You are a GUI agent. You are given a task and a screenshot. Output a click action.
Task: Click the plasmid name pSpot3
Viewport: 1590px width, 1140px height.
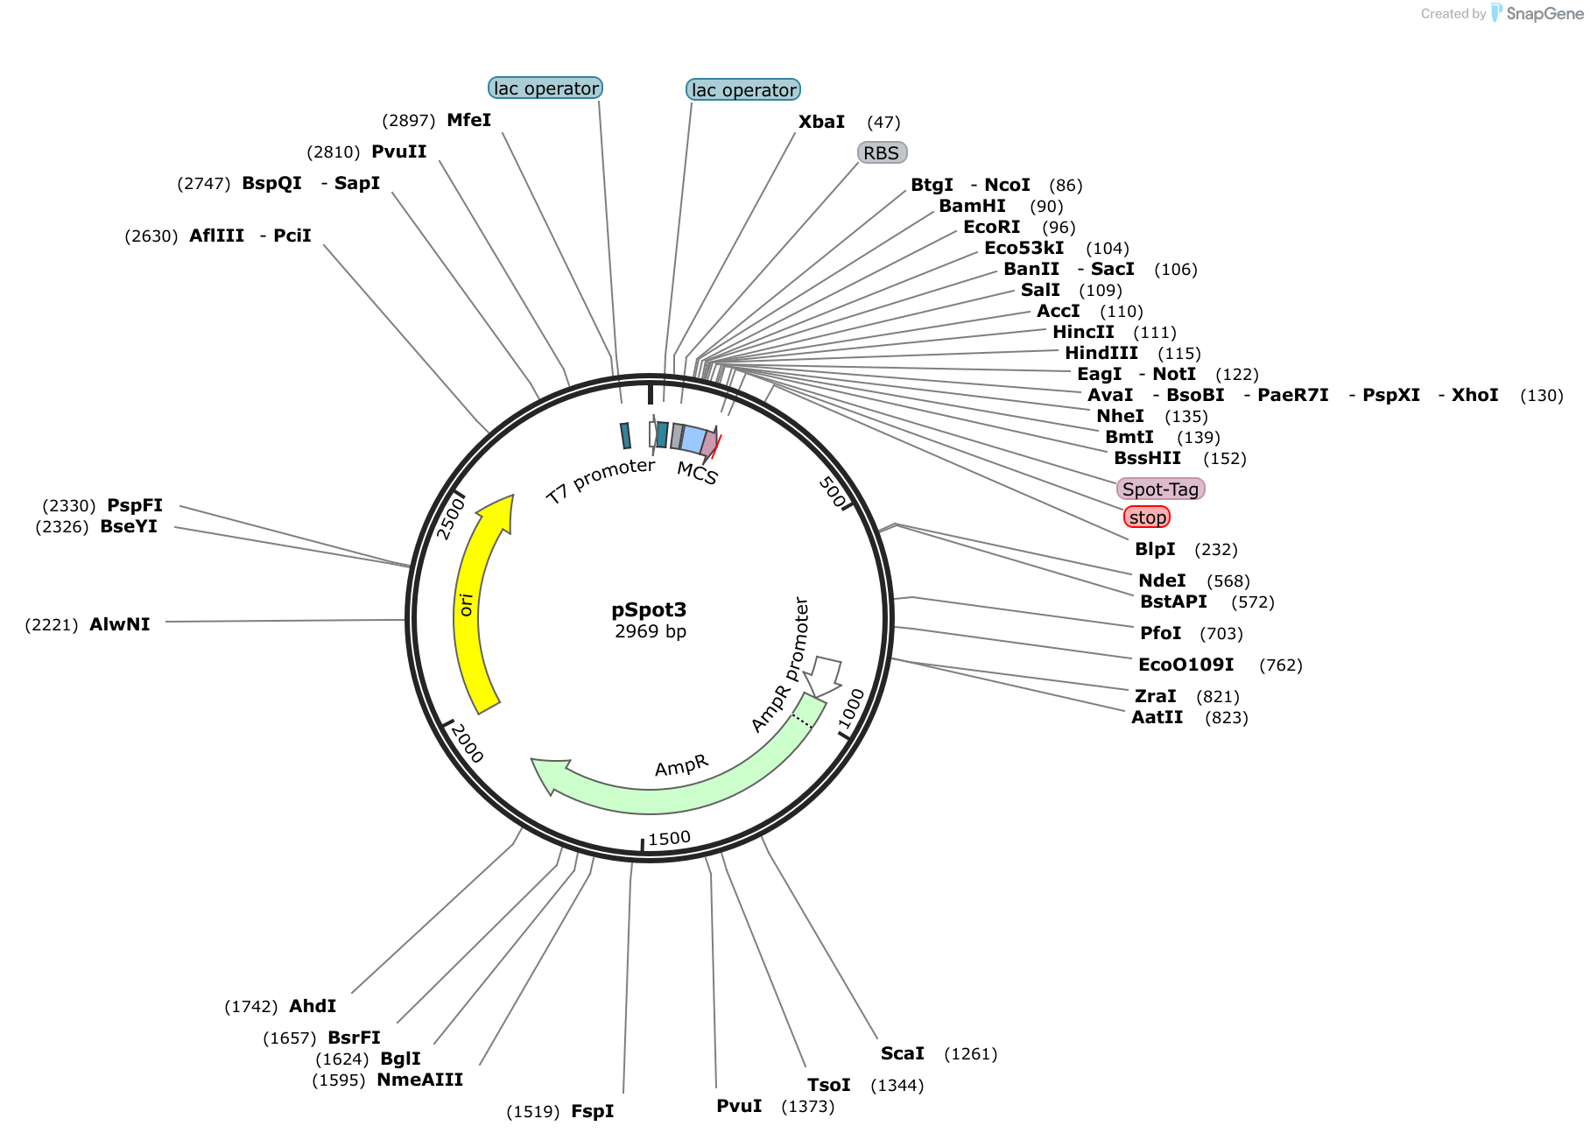tap(649, 609)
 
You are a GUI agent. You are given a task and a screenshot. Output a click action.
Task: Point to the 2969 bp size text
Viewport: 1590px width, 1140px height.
tap(651, 631)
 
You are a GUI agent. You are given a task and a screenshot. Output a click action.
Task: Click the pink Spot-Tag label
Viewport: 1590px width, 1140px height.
tap(1160, 489)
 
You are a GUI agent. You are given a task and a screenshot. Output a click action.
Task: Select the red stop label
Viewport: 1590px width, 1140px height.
tap(1147, 517)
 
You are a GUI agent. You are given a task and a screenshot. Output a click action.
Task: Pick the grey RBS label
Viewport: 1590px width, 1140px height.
tap(882, 153)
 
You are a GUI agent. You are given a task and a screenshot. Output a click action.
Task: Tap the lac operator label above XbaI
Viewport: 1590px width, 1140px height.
tap(743, 90)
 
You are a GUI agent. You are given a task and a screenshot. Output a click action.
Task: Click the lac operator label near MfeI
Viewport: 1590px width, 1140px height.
tap(545, 88)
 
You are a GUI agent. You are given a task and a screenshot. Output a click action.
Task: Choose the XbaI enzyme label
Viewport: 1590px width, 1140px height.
tap(821, 122)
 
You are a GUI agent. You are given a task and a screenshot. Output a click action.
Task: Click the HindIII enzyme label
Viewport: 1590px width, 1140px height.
tap(1101, 353)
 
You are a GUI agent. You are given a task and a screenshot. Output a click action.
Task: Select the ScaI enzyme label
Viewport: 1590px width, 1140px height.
tap(903, 1053)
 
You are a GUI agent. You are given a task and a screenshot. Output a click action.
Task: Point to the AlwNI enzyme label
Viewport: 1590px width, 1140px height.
tap(120, 624)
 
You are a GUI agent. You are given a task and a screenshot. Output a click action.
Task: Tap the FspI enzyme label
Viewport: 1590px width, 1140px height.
tap(593, 1111)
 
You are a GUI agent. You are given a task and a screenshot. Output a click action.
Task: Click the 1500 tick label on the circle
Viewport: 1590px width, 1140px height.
tap(670, 839)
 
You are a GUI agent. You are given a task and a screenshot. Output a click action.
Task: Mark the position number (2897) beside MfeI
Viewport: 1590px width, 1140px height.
tap(409, 121)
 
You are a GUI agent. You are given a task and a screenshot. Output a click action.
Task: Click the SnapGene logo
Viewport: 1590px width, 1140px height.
tap(1537, 13)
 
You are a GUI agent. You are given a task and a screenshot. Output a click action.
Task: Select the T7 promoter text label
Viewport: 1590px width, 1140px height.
tap(601, 481)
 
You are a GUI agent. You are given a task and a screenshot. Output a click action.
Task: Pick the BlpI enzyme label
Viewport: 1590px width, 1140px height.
tap(1155, 549)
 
